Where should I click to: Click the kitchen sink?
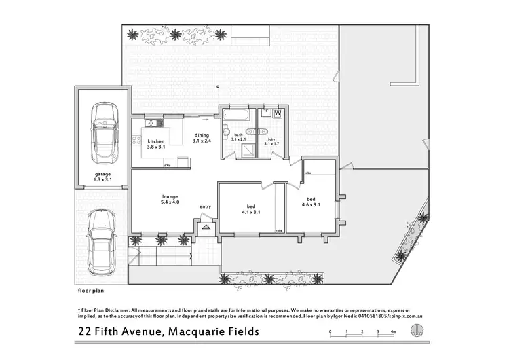point(152,123)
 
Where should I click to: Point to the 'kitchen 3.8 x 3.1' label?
point(157,145)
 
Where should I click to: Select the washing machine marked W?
point(278,113)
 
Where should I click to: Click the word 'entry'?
point(205,206)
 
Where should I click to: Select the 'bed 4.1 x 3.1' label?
point(248,210)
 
